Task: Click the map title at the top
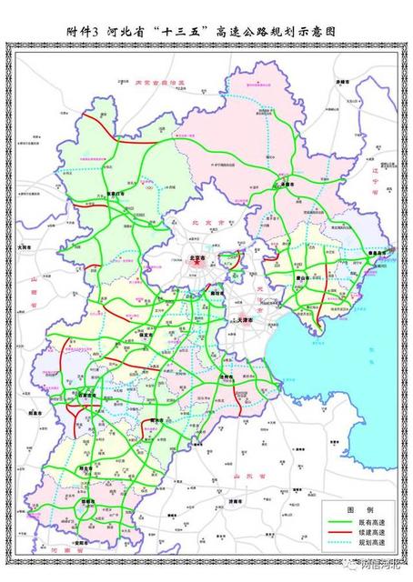click(206, 31)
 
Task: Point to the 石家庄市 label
click(88, 396)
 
